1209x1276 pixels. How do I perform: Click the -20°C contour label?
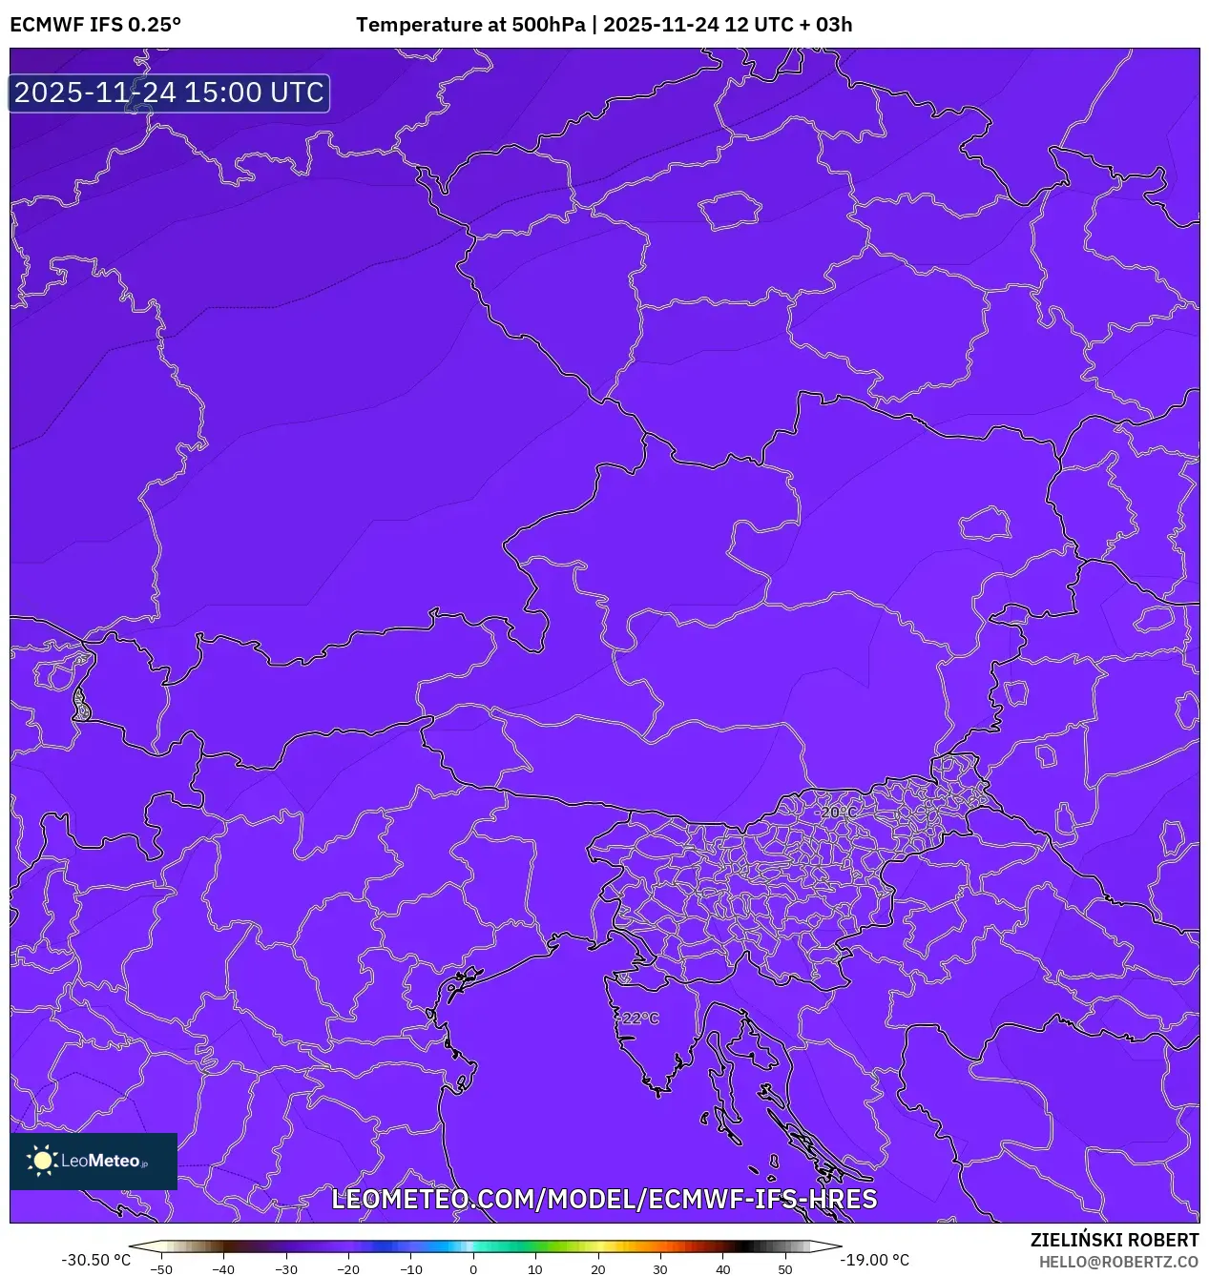[838, 812]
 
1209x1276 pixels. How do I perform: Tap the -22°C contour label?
[640, 1019]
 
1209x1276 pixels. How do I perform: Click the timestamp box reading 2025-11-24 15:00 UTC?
[169, 93]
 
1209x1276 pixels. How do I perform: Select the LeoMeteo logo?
[94, 1161]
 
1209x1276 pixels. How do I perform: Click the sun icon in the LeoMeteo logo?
[42, 1161]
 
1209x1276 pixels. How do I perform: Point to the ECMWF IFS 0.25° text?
[95, 25]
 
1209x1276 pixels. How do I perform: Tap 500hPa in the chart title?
[549, 25]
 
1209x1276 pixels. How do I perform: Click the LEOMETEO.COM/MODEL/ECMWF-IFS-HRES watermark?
[604, 1199]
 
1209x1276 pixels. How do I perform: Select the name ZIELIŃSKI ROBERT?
[1115, 1240]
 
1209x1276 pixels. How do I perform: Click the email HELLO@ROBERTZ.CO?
[1118, 1262]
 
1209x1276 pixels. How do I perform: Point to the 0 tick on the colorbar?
[473, 1269]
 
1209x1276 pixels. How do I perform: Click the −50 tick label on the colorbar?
[161, 1269]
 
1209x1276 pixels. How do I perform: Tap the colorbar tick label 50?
[784, 1269]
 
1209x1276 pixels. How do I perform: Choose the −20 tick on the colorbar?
[348, 1269]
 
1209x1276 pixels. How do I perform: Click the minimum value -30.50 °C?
[96, 1260]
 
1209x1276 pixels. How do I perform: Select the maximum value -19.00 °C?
[874, 1260]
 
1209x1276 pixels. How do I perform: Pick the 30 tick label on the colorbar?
[660, 1269]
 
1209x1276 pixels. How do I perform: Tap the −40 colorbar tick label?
[223, 1269]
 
